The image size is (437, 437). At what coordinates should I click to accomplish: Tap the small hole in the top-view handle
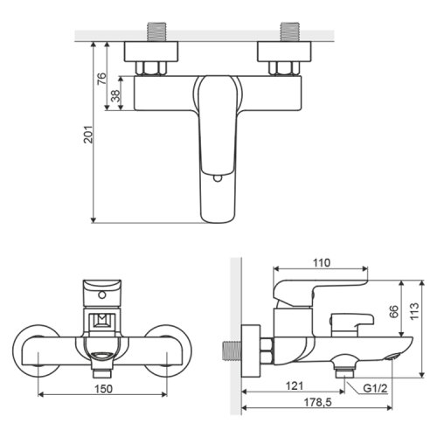click(216, 179)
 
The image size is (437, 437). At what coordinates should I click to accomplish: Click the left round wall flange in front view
click(37, 350)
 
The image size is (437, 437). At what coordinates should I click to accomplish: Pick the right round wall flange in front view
click(166, 350)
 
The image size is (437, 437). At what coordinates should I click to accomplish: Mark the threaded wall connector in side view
click(232, 351)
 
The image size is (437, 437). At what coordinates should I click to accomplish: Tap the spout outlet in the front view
click(101, 355)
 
